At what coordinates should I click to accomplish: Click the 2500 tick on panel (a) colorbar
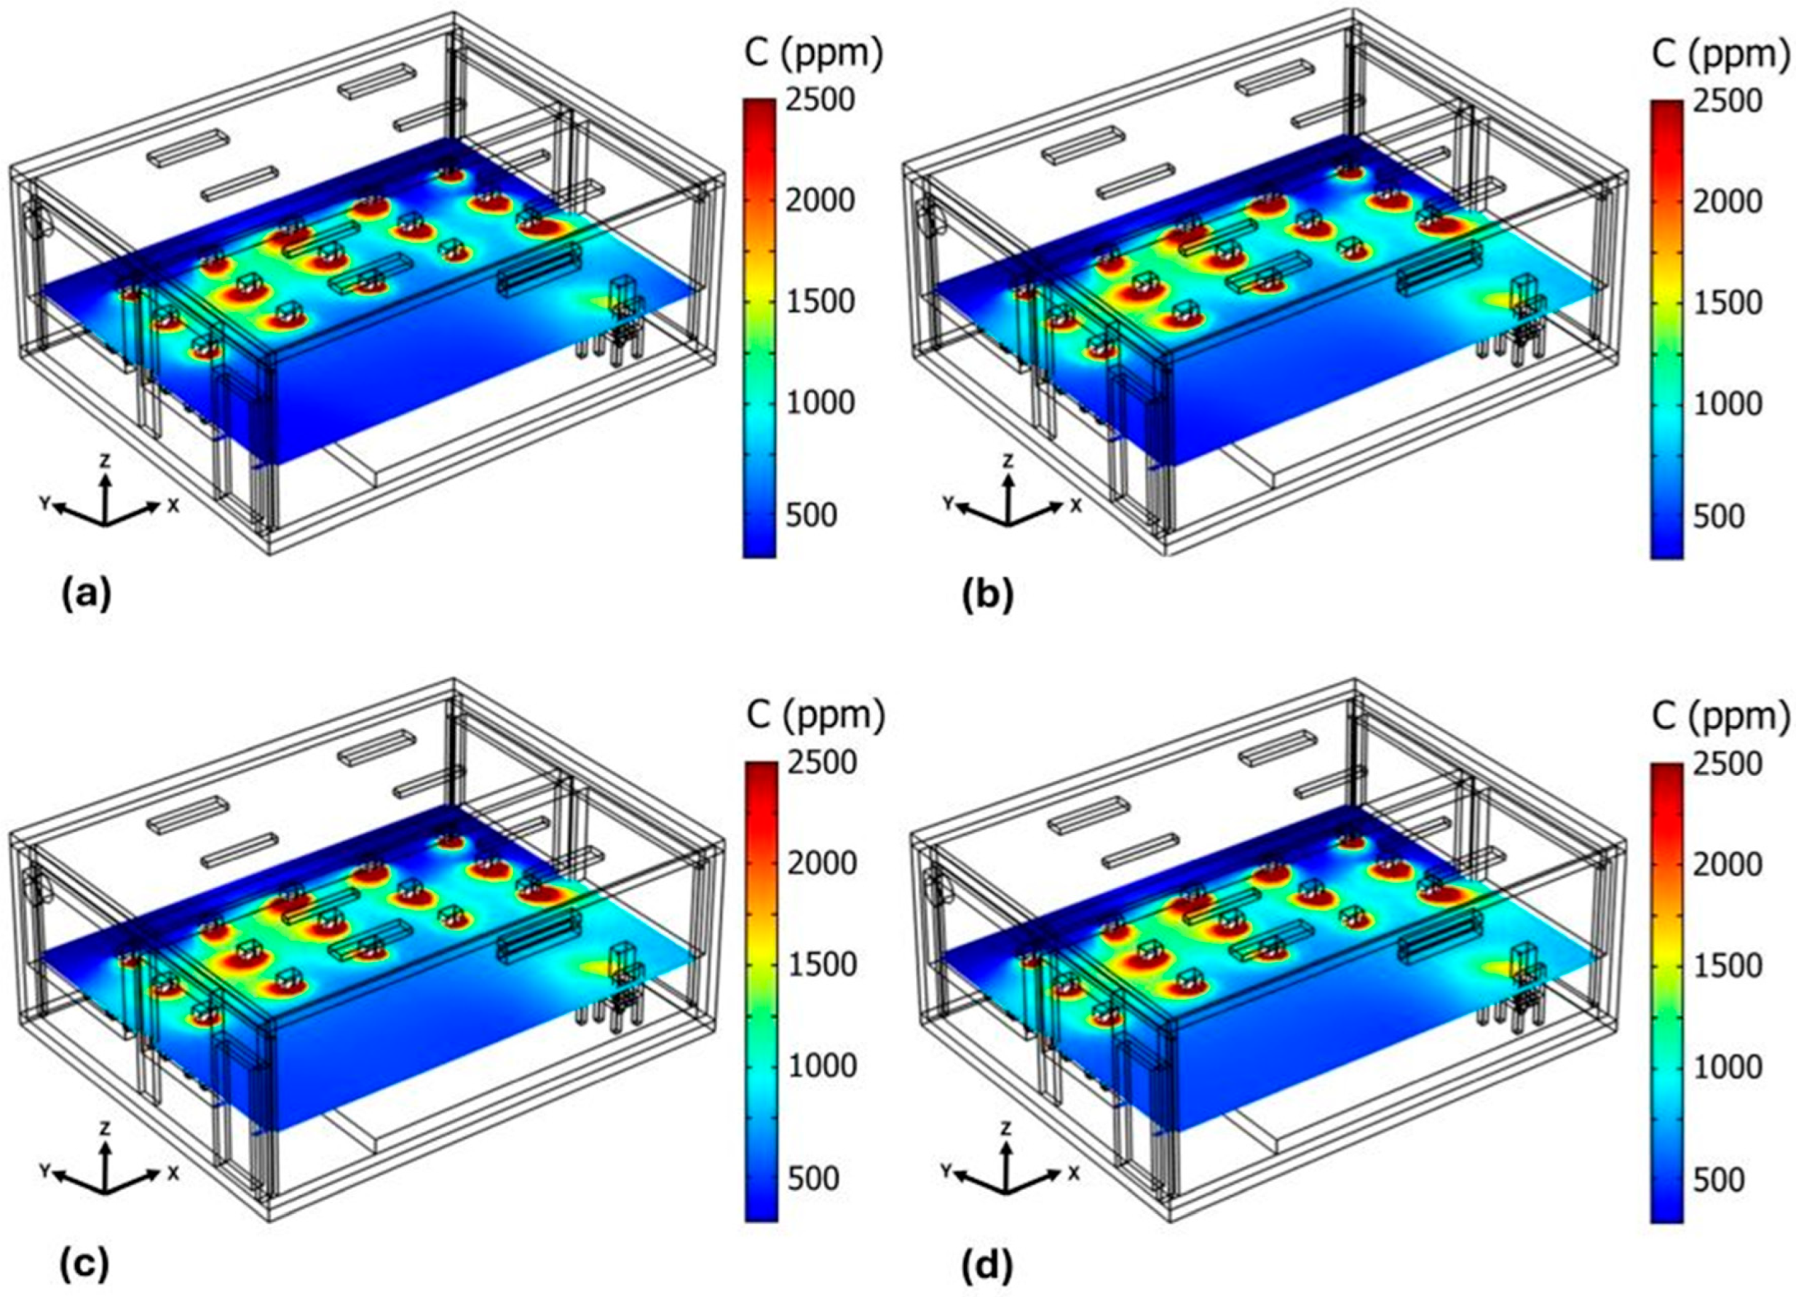(821, 100)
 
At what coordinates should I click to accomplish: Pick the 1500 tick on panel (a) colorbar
(821, 301)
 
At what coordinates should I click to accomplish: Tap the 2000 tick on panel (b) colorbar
(1727, 202)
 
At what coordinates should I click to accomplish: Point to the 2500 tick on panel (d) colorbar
(1727, 764)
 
